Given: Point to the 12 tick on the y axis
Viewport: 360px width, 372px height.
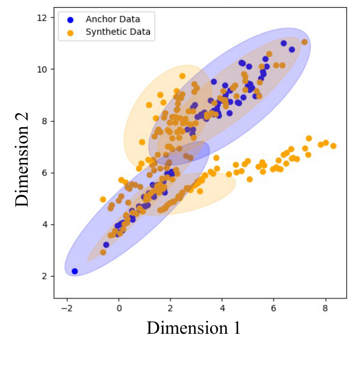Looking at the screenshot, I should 42,18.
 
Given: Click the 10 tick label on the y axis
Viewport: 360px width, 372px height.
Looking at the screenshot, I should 42,69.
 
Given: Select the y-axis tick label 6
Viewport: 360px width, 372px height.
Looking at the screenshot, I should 45,173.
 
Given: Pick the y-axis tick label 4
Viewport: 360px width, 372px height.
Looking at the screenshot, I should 45,224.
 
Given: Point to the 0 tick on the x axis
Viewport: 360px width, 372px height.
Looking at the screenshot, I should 119,307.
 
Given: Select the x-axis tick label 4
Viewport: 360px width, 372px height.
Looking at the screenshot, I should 222,307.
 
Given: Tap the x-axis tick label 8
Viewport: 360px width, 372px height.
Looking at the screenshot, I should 326,307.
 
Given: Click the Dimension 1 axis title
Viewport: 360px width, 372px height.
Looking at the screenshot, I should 194,328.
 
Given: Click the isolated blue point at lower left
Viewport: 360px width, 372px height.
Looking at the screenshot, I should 75,271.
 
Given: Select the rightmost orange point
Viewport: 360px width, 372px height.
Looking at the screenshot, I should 334,146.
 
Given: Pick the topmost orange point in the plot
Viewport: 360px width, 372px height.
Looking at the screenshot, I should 304,42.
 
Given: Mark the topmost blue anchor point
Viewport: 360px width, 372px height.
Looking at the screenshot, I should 284,43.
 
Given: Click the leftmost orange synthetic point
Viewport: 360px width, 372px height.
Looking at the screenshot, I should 103,200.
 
